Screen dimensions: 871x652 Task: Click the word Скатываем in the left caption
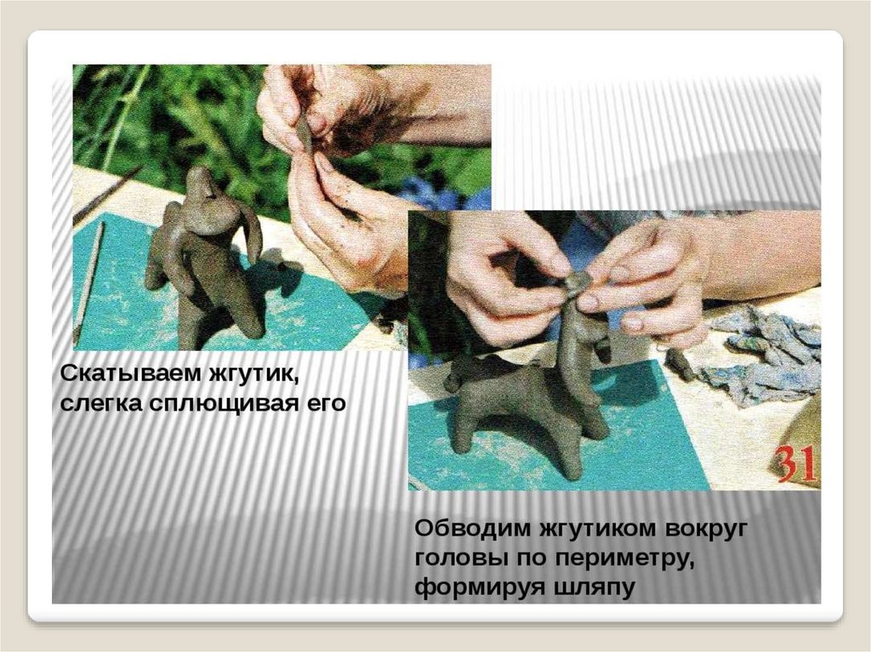pos(130,374)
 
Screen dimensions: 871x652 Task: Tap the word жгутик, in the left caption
pos(253,374)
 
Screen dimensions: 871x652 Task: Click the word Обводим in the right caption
pos(473,528)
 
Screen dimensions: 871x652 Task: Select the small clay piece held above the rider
pos(578,281)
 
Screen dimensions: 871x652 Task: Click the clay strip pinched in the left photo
pos(305,135)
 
